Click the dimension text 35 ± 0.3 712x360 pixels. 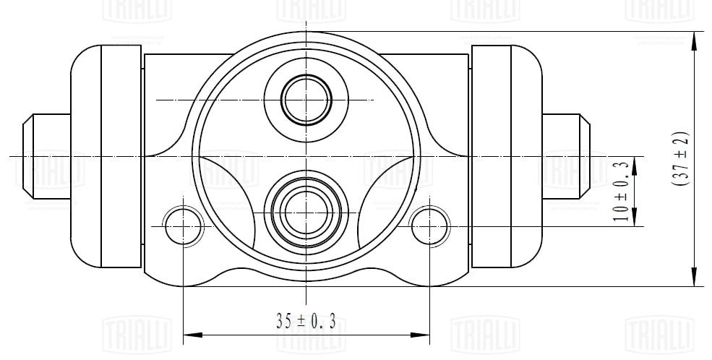306,321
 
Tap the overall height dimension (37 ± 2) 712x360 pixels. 680,159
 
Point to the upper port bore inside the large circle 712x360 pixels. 306,99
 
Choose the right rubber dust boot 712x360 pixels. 506,155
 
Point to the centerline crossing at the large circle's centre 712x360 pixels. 306,155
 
